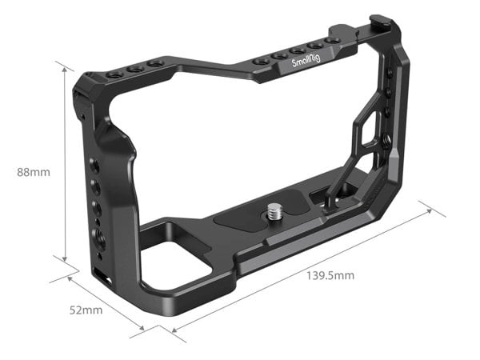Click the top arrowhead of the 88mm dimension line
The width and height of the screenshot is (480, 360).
pyautogui.click(x=64, y=68)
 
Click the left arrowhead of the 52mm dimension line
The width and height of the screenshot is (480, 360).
pyautogui.click(x=70, y=278)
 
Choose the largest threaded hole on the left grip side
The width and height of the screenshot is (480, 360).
pyautogui.click(x=99, y=237)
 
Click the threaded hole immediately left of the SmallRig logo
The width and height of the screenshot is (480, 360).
pyautogui.click(x=279, y=56)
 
